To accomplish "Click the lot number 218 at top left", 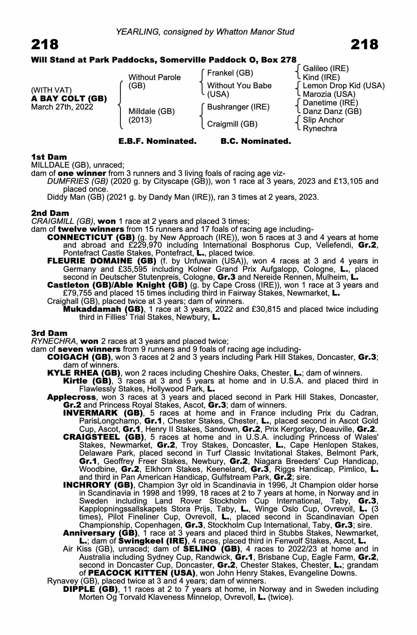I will click(45, 44).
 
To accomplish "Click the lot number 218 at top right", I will click(364, 44).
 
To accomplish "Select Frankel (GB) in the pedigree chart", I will click(230, 73).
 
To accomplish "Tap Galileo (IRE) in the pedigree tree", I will click(326, 69).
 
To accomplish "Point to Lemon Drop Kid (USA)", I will click(344, 86).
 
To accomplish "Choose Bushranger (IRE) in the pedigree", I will click(238, 107).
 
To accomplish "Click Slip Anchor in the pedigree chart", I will click(323, 120).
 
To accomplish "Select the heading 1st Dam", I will click(49, 157).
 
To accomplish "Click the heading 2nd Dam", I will click(50, 213).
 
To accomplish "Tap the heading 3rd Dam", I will click(49, 333).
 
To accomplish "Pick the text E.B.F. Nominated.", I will click(157, 141).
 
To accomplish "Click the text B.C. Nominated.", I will click(255, 141).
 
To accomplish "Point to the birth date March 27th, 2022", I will click(62, 107).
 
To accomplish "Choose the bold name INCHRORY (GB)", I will click(98, 485).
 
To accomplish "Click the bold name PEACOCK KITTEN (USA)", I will click(142, 573).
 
